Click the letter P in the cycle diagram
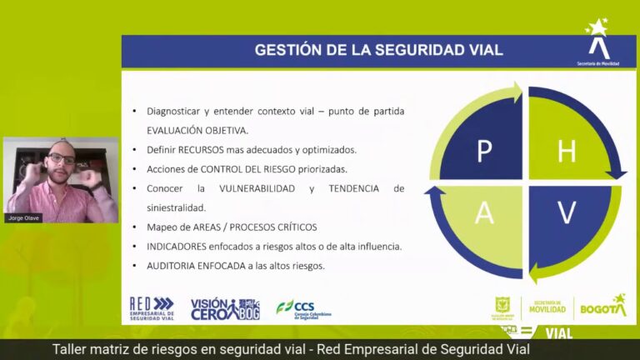(x=484, y=152)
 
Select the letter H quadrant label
(x=567, y=152)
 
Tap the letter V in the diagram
(x=567, y=213)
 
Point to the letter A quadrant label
(x=484, y=213)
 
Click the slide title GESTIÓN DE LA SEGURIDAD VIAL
(x=378, y=50)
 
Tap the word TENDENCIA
(x=355, y=188)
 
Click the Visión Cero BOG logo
(x=225, y=309)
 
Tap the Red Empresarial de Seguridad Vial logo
(x=152, y=309)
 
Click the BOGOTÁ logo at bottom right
(x=602, y=307)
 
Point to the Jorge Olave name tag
(x=24, y=217)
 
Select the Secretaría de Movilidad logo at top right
(x=597, y=43)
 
